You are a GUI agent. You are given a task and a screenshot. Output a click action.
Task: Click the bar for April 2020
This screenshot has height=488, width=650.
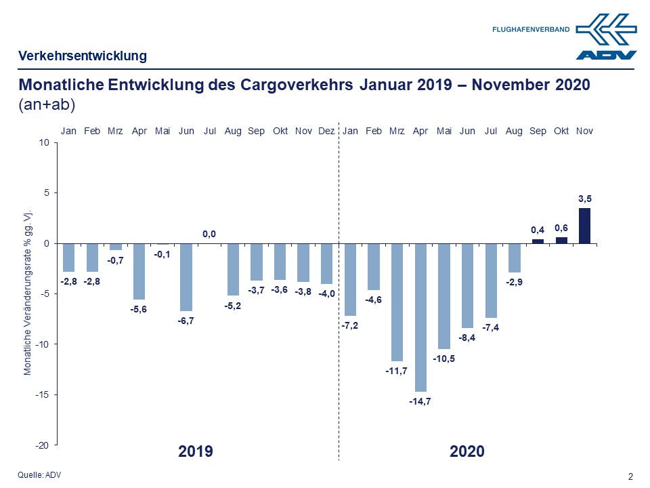pyautogui.click(x=420, y=317)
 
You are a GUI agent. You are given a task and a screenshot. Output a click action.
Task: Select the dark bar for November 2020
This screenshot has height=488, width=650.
pyautogui.click(x=584, y=226)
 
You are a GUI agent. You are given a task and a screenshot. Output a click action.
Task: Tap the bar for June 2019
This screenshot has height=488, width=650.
pyautogui.click(x=186, y=277)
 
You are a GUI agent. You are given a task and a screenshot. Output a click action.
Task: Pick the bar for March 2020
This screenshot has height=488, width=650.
pyautogui.click(x=397, y=302)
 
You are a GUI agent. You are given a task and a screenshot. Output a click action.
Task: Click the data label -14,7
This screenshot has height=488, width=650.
pyautogui.click(x=420, y=402)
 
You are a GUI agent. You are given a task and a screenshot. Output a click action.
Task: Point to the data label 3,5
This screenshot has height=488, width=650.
pyautogui.click(x=584, y=199)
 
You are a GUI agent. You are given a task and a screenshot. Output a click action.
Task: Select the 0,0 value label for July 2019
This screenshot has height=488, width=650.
pyautogui.click(x=209, y=234)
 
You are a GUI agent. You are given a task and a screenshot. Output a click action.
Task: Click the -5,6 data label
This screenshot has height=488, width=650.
pyautogui.click(x=139, y=310)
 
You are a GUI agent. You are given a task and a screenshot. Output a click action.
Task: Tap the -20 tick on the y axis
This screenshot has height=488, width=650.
pyautogui.click(x=43, y=445)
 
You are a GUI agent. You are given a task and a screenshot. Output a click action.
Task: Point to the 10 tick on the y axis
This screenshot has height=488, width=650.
pyautogui.click(x=45, y=143)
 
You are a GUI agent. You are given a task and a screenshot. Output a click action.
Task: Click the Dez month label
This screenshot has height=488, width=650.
pyautogui.click(x=326, y=131)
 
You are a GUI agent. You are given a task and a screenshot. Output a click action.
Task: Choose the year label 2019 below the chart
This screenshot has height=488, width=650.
pyautogui.click(x=196, y=451)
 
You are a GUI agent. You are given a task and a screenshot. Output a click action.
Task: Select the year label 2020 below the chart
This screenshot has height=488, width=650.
pyautogui.click(x=467, y=451)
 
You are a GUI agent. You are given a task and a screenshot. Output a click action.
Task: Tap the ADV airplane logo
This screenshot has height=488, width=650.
pyautogui.click(x=607, y=36)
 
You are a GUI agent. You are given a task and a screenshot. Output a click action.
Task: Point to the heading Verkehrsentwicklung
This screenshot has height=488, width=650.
pyautogui.click(x=83, y=56)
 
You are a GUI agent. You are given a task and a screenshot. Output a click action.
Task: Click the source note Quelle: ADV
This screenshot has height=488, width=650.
pyautogui.click(x=39, y=475)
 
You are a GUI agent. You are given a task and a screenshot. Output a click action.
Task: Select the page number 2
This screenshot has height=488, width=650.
pyautogui.click(x=631, y=476)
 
